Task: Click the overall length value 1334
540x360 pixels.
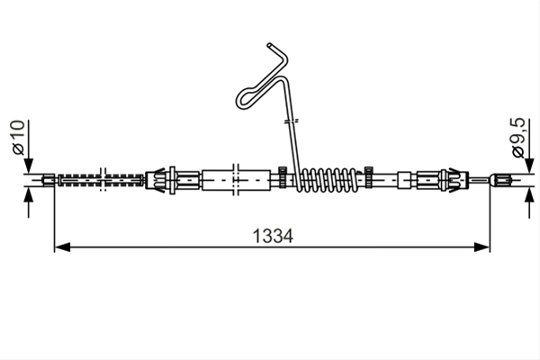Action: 273,237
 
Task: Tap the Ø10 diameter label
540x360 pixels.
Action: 19,137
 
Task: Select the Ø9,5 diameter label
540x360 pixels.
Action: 518,137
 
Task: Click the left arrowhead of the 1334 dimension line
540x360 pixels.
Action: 62,247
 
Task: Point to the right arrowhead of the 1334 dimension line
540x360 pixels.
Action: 481,247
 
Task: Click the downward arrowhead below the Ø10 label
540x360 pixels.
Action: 29,166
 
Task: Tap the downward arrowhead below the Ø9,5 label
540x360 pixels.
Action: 529,166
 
